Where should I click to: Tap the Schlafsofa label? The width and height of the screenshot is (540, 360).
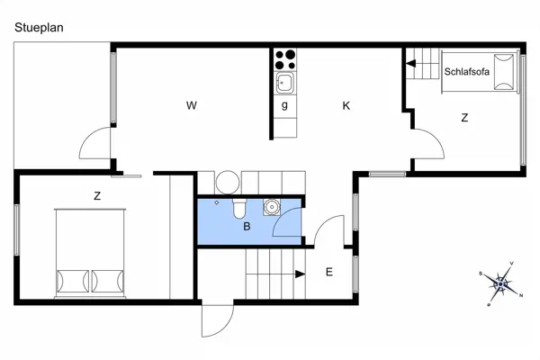click(466, 72)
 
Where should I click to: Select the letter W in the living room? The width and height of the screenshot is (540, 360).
click(191, 106)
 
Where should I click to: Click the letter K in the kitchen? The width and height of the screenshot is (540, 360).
click(346, 106)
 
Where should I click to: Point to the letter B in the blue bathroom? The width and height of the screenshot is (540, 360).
click(246, 226)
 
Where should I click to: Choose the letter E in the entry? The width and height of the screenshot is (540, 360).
click(329, 272)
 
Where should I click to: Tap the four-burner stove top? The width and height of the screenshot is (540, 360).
click(285, 59)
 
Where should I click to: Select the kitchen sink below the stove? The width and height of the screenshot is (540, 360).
click(285, 84)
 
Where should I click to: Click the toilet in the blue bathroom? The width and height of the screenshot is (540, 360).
click(238, 208)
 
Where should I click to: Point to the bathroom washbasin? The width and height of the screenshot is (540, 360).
click(270, 206)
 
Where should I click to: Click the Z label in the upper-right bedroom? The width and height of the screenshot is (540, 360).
click(464, 118)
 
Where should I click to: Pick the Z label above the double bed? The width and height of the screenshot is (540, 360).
click(96, 195)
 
